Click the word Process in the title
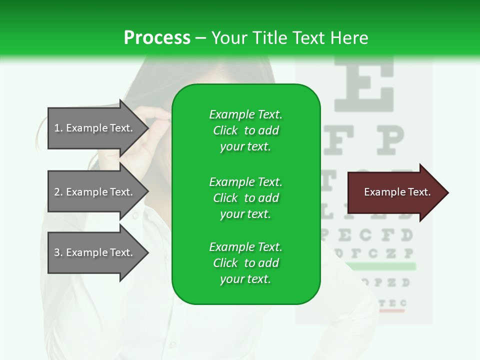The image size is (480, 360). [157, 37]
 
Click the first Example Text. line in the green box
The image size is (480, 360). [245, 114]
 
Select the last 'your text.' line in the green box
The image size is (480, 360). [245, 279]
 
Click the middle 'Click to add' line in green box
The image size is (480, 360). [245, 198]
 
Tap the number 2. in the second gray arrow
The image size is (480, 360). [58, 192]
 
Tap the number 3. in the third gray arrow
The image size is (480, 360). [58, 252]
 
